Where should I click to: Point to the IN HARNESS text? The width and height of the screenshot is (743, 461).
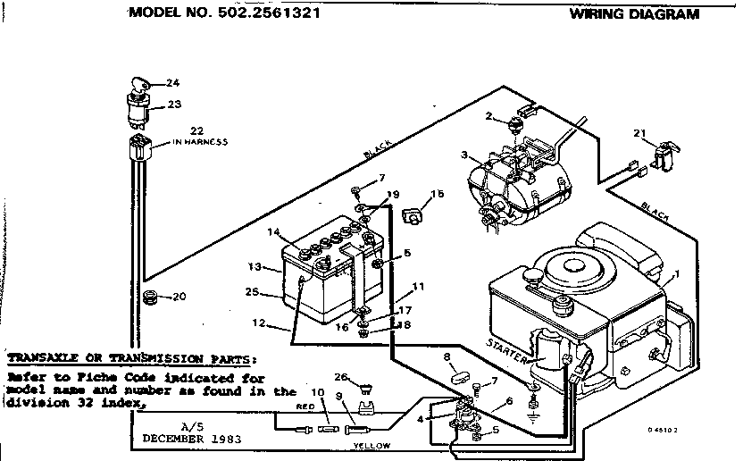click(200, 143)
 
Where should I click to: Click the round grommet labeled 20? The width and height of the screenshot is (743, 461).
click(150, 296)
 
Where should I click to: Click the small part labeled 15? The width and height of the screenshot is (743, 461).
click(414, 214)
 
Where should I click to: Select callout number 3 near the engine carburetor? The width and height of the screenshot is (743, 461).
click(463, 155)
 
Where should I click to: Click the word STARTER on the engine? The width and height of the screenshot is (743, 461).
click(506, 345)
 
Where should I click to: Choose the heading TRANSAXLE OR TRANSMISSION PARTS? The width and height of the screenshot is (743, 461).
click(131, 356)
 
